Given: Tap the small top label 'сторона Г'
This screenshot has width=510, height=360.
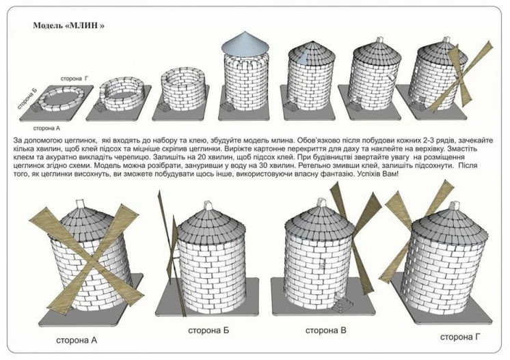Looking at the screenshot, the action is tap(75, 79).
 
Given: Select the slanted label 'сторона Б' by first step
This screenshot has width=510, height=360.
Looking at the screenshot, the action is tap(27, 98).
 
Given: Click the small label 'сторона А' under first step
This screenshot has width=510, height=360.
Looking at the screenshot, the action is tap(46, 128).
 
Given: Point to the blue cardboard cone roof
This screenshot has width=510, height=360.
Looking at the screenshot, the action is tap(245, 43).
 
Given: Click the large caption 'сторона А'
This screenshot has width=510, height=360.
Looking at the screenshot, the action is tap(77, 340).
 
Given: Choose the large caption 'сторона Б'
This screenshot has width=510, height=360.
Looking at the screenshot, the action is tap(209, 331).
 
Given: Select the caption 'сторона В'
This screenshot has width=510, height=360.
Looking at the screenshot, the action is tap(326, 331).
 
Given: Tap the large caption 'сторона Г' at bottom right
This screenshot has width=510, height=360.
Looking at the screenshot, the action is tap(460, 337).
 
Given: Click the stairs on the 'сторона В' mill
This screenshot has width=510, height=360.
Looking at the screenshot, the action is tap(343, 305).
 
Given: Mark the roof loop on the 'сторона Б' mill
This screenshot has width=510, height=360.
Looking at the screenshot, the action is tap(208, 206).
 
